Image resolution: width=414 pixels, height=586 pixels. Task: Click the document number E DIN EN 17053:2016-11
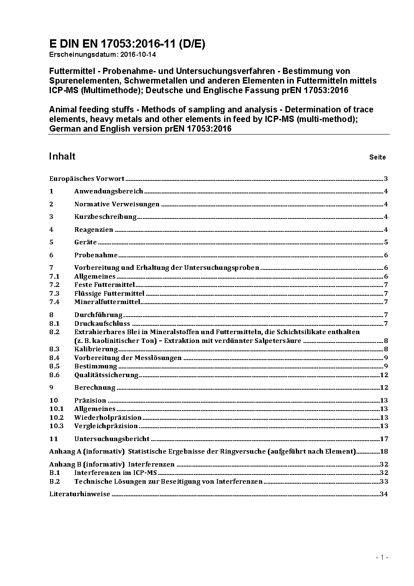point(127,44)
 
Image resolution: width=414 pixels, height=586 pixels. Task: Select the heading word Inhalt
point(62,156)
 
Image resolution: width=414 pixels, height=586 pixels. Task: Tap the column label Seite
point(377,157)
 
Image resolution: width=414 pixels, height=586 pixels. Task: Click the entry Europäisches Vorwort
point(87,179)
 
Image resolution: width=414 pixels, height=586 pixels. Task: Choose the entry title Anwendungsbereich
point(109,191)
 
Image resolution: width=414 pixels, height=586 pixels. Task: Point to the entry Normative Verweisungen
point(117,204)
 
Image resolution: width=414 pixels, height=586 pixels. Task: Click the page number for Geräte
point(386,242)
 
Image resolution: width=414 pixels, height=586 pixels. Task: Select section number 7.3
point(54,294)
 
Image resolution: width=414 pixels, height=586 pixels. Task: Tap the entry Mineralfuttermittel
point(107,302)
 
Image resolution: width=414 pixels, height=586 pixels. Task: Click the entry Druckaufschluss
point(102,324)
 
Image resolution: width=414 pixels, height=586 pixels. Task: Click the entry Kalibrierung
point(96,349)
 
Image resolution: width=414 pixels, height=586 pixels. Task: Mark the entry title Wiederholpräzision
point(108,418)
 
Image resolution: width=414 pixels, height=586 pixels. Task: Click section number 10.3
point(56,426)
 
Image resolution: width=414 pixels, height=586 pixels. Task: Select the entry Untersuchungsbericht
point(112,439)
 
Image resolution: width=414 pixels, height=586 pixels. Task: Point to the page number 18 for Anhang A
point(384,452)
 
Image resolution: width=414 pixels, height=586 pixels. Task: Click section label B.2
point(55,482)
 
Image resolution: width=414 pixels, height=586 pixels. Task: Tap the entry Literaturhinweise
point(80,494)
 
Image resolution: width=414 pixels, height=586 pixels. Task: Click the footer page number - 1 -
point(382,557)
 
